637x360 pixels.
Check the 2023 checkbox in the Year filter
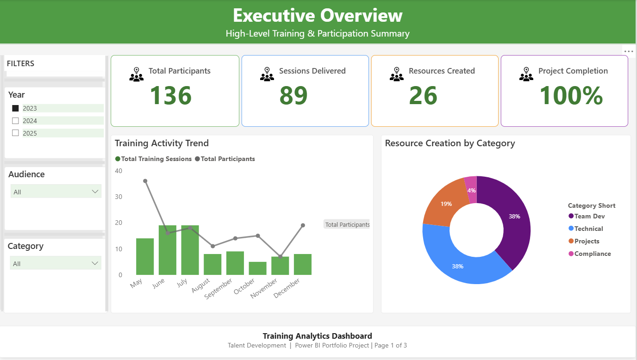coord(15,108)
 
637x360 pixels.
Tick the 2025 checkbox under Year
coord(15,133)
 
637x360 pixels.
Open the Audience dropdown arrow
coord(95,192)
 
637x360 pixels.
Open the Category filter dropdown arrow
coord(95,263)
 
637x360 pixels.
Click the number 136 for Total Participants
coord(170,95)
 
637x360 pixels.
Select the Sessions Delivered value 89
coord(293,95)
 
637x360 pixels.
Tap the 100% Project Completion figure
coord(571,95)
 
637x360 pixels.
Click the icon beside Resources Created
coord(397,74)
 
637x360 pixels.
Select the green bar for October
coord(258,268)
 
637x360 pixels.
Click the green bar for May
coord(145,257)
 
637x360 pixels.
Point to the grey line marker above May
coord(145,181)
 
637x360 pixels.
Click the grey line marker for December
coord(303,225)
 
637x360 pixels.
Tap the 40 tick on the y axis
coord(119,171)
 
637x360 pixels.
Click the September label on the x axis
coord(219,288)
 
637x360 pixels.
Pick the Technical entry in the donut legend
coord(588,229)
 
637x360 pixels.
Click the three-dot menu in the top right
coord(628,51)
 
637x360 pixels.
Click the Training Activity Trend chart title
coord(162,143)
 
